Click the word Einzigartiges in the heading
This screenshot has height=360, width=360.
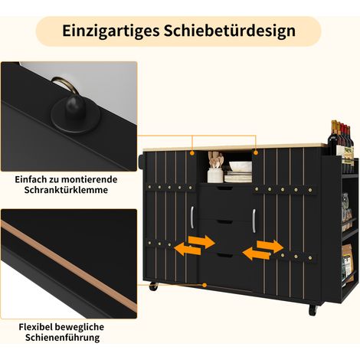coord(110,31)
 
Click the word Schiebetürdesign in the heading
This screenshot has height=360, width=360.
coord(230,31)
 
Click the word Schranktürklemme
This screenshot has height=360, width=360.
coord(66,190)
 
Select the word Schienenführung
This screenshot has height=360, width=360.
coord(62,338)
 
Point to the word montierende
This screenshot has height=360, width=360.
coord(90,179)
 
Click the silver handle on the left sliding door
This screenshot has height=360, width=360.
coord(191,218)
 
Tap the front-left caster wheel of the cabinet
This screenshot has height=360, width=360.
coord(153,286)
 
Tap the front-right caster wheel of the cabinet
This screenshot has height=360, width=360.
coord(313,309)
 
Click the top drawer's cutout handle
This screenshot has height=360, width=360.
coord(224,188)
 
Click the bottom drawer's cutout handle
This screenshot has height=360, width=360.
coord(224,255)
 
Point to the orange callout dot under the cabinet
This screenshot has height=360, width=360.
coord(205,285)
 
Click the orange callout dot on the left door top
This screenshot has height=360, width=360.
coord(192,152)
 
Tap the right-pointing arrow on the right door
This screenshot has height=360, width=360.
coord(270,247)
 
